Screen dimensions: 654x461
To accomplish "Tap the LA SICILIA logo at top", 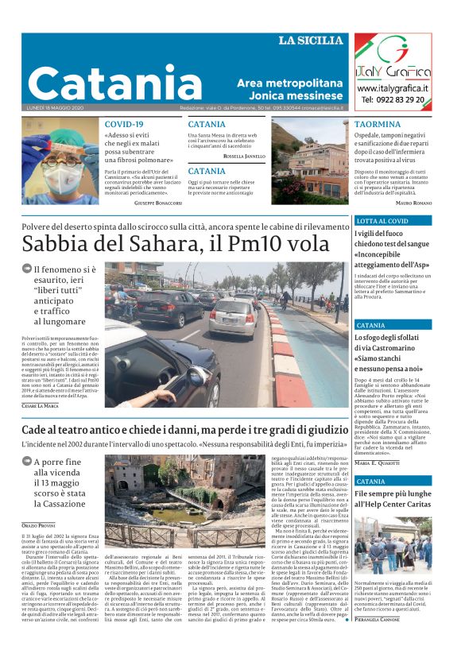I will click(x=311, y=41).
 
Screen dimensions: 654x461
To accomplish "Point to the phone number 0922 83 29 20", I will click(x=393, y=100).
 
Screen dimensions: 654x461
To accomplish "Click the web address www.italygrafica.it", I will click(x=393, y=88).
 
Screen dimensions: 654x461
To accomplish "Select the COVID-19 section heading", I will click(x=124, y=125).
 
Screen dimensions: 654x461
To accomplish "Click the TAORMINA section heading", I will click(x=378, y=125).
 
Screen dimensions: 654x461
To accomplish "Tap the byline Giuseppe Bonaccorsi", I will click(x=157, y=204).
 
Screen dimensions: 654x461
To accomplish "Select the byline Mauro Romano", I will click(x=413, y=204).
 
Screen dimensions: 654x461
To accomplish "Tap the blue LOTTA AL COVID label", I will click(x=382, y=221).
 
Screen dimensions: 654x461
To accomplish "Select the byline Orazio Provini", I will click(x=38, y=525).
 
